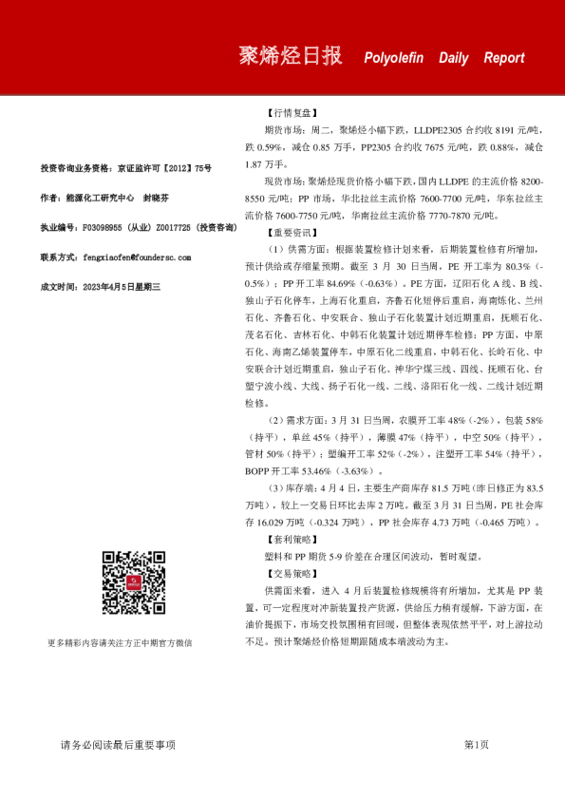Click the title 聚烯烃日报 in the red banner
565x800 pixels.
point(290,56)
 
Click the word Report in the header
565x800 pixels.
point(503,58)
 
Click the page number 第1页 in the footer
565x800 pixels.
point(476,744)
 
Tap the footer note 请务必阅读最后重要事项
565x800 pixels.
point(118,744)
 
